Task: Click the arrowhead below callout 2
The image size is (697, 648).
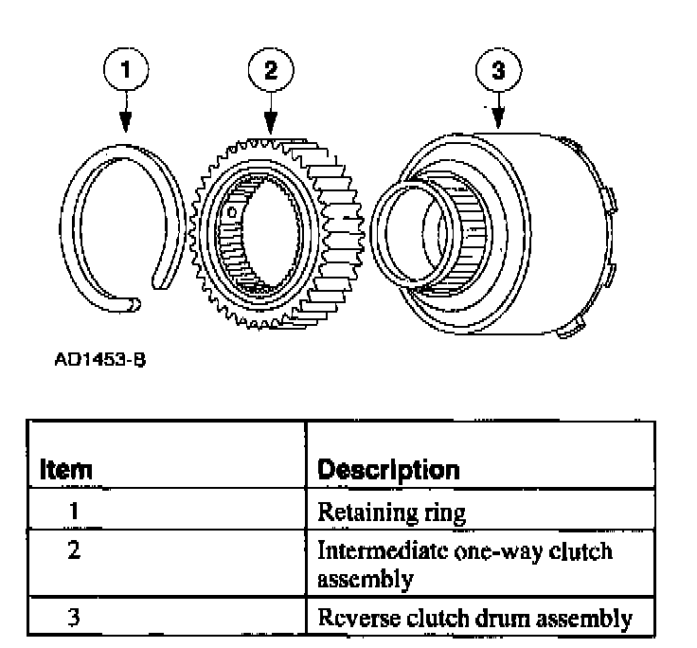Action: pos(271,125)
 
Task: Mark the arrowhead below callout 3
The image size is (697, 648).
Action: pos(500,123)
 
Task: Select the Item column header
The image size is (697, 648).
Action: pos(66,469)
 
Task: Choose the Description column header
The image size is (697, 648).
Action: pos(388,469)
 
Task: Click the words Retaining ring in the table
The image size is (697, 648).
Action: pos(391,513)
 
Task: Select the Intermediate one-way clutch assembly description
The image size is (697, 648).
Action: pos(464,563)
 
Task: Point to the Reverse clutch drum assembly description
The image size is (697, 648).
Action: pos(474,619)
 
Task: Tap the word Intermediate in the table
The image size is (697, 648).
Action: pos(369,550)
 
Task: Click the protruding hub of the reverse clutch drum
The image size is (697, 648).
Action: pos(412,232)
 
